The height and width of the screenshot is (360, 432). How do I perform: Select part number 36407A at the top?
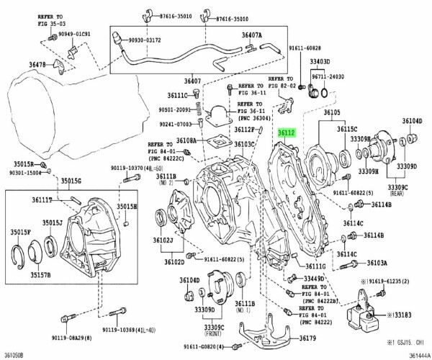pos(252,34)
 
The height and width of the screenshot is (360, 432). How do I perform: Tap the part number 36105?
pos(335,114)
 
